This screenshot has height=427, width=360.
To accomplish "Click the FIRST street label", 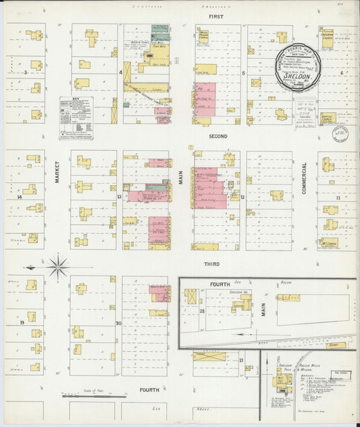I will point(215,16).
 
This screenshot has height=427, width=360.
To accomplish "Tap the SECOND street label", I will point(217,136).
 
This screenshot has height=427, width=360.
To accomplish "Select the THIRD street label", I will point(213,263).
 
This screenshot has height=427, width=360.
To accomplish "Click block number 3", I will point(25,71).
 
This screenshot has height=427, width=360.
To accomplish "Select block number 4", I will point(120,71).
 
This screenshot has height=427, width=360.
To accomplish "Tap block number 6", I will point(342,72).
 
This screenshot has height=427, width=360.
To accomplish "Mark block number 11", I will point(338,197).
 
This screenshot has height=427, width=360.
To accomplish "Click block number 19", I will point(22,324).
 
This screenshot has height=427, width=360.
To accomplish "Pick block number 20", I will point(119,323).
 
